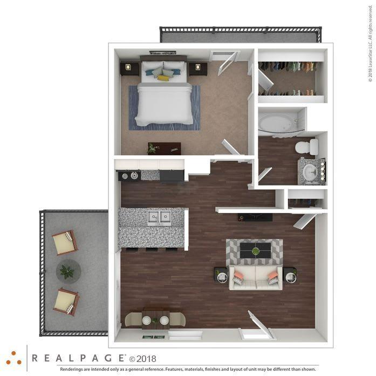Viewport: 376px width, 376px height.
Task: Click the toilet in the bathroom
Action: click(x=307, y=147)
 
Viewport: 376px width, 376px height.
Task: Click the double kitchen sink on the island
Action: click(x=160, y=217)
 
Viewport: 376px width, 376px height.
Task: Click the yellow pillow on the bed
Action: click(x=163, y=78)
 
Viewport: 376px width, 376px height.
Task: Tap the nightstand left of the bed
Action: click(x=129, y=68)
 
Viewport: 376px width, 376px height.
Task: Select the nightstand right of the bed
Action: click(x=198, y=68)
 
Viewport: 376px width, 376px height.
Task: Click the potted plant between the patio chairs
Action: click(x=67, y=271)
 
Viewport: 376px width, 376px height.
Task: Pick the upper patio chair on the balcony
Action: click(x=65, y=242)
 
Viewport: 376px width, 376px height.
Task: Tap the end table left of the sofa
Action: click(x=221, y=276)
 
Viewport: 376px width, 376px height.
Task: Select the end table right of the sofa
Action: click(x=290, y=276)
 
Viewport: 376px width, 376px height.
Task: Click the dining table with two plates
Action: click(x=155, y=319)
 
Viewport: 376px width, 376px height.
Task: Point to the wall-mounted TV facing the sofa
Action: click(x=255, y=217)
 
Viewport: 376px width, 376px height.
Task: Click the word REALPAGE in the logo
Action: click(x=78, y=358)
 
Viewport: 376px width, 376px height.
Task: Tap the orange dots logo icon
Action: click(x=13, y=358)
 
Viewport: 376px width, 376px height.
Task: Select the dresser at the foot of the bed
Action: click(x=165, y=148)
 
